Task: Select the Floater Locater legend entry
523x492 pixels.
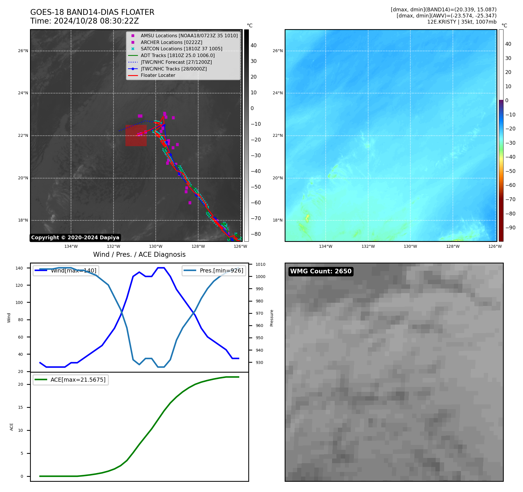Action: click(x=158, y=75)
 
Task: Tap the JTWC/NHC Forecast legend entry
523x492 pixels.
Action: click(x=176, y=62)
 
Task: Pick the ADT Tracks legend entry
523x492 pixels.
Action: click(x=178, y=55)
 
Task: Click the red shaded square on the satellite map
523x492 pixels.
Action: click(x=136, y=136)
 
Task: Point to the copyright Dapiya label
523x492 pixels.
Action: click(x=75, y=238)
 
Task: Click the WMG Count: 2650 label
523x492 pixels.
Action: click(x=321, y=271)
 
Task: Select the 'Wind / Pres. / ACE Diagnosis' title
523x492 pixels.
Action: click(x=139, y=254)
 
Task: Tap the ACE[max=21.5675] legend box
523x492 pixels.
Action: click(x=71, y=380)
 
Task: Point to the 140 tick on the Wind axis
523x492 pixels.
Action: click(x=19, y=268)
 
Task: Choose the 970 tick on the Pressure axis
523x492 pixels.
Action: click(x=259, y=313)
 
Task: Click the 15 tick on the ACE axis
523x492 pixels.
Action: click(x=20, y=407)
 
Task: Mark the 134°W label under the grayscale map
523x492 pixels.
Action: click(x=71, y=246)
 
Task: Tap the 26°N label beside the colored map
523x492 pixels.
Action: click(x=277, y=51)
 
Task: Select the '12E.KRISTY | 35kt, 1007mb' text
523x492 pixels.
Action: click(x=462, y=22)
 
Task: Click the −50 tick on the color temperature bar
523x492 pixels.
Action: click(x=510, y=171)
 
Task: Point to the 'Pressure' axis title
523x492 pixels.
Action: click(x=272, y=318)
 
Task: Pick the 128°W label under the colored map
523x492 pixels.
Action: click(x=453, y=246)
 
